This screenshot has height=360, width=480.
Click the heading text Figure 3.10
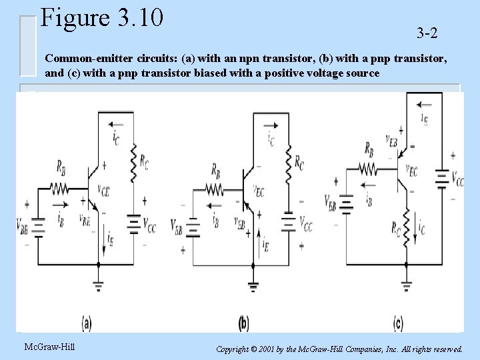101,18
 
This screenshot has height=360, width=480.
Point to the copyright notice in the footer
341,349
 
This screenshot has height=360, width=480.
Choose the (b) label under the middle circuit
244,324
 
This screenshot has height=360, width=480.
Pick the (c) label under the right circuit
398,324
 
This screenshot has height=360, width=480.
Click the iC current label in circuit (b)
271,139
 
